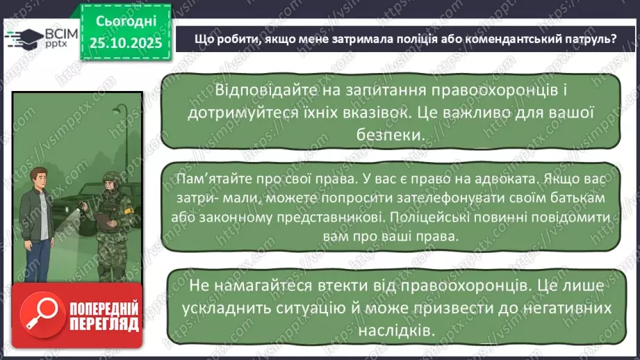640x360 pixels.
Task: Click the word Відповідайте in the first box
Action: tap(259, 91)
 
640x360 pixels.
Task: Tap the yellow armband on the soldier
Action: tap(127, 206)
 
